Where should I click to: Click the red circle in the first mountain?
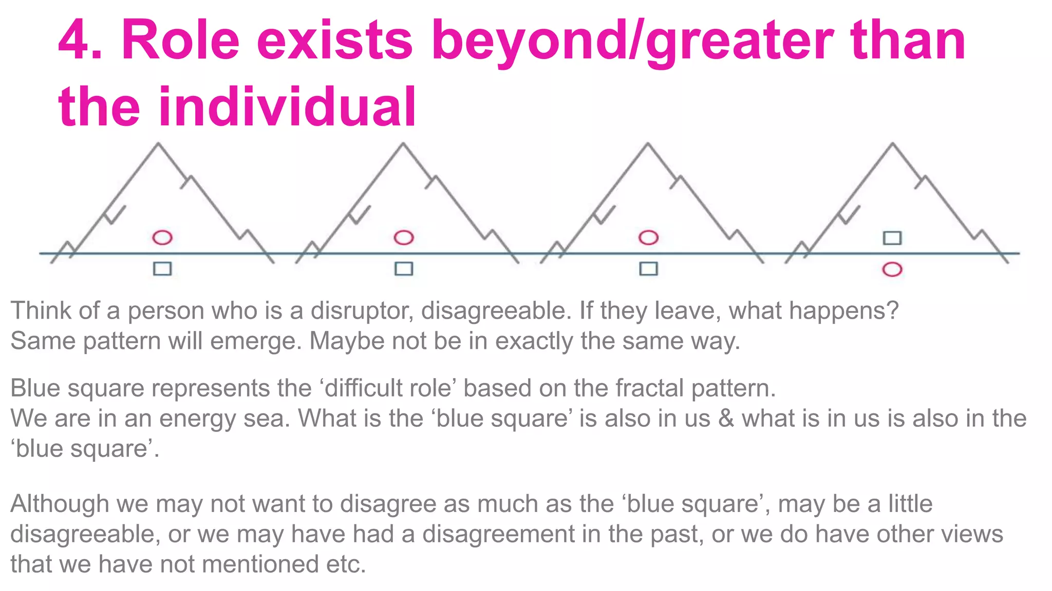tap(162, 238)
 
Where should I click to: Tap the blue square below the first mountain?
tap(162, 269)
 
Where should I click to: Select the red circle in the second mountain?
tap(404, 238)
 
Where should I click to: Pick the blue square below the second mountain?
tap(404, 269)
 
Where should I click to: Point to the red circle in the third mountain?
tap(648, 238)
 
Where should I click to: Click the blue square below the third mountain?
tap(648, 269)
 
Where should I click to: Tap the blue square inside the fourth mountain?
tap(892, 238)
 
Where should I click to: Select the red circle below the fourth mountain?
tap(892, 270)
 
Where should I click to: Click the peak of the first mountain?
tap(158, 144)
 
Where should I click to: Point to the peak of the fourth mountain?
tap(892, 144)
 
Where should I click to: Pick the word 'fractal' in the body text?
tap(649, 388)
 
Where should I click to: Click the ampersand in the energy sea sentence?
tap(726, 419)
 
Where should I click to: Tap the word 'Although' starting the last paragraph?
tap(60, 504)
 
